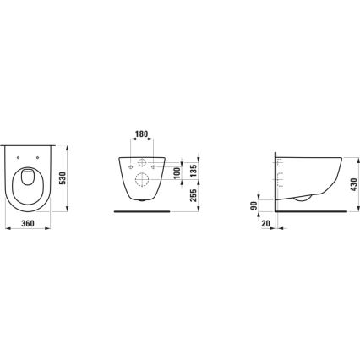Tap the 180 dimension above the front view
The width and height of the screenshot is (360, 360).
143,134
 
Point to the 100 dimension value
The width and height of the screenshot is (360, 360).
177,172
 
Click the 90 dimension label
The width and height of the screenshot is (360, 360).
253,205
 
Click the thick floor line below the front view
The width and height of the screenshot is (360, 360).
143,210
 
